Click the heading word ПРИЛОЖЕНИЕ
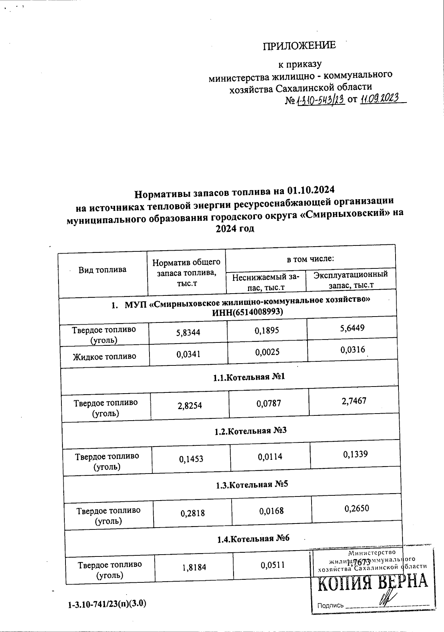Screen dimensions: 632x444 pos(299,46)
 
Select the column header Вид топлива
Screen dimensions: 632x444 pos(102,270)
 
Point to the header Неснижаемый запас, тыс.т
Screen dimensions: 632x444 pos(266,282)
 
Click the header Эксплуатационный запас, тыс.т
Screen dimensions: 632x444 pos(350,279)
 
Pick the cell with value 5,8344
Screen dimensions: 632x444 pos(188,332)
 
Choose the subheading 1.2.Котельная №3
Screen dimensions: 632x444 pos(250,431)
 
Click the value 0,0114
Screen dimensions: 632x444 pos(270,457)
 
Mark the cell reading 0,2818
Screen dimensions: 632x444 pos(192,513)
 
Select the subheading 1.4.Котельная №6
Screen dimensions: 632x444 pos(253,538)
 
